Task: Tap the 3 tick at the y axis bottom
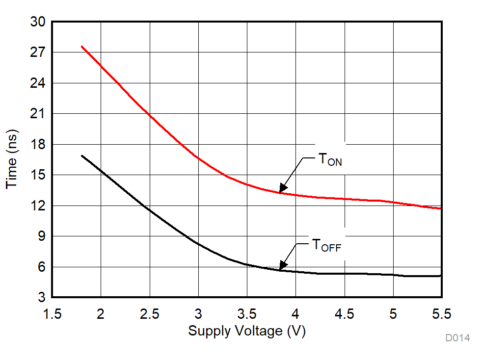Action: coord(41,297)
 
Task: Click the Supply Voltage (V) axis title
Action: coord(247,331)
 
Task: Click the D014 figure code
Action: coord(457,338)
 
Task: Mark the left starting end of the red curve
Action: coord(81,47)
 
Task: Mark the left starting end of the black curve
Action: coord(81,155)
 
